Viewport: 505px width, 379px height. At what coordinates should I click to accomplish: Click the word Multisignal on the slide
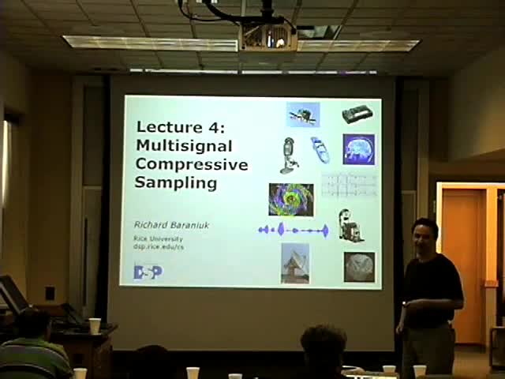coord(173,146)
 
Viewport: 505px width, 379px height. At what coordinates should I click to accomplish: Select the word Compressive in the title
coord(192,164)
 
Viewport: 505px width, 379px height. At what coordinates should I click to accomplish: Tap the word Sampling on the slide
coord(165,182)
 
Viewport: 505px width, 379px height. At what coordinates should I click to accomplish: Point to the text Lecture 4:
coord(181,127)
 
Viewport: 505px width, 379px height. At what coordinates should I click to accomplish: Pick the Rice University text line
coord(158,238)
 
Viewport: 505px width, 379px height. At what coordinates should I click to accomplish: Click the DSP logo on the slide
coord(148,272)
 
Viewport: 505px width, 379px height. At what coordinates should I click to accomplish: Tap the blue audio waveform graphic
coord(293,230)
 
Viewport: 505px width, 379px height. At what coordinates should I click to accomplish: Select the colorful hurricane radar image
coord(291,199)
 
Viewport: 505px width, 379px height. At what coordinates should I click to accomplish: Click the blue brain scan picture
coord(358,149)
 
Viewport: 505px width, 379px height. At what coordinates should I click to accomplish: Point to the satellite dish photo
coord(295,263)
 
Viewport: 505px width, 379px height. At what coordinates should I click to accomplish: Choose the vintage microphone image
coord(288,155)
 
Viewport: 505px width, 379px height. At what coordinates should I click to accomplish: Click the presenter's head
coord(425,235)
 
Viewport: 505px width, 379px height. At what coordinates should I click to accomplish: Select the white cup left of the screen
coord(95,325)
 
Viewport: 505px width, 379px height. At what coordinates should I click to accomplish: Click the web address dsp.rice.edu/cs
coord(158,246)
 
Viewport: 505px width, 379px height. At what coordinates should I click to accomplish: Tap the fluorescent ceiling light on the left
coord(150,43)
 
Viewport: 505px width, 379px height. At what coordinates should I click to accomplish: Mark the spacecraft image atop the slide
coord(303,114)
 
